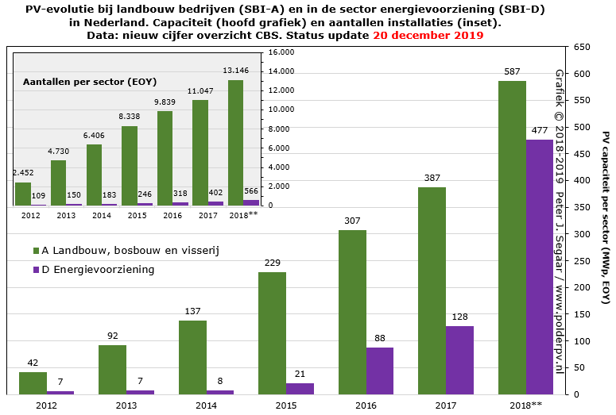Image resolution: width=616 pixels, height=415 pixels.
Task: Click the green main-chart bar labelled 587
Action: (512, 237)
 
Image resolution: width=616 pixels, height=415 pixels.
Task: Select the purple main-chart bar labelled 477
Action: (540, 267)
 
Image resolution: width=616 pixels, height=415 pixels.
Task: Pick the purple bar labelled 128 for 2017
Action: (459, 360)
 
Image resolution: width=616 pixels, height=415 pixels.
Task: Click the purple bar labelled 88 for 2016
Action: (379, 371)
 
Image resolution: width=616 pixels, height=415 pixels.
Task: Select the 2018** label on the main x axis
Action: (525, 405)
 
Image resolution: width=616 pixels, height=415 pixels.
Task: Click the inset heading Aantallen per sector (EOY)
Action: (89, 82)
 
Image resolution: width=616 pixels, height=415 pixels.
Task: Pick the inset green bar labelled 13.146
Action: (235, 143)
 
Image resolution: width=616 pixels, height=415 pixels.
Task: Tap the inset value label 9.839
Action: (165, 102)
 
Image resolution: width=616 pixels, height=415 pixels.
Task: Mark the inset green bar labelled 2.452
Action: (23, 194)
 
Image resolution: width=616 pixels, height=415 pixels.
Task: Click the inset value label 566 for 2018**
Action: (251, 191)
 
